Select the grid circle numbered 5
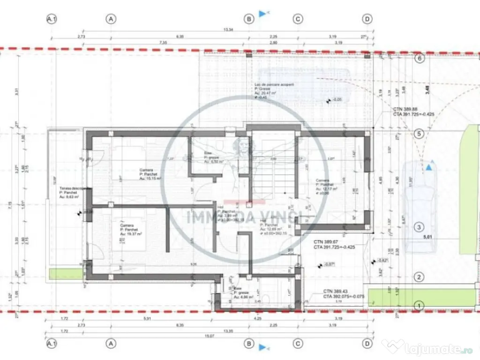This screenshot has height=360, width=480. click(420, 134)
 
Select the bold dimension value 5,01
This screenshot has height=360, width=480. click(428, 237)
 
